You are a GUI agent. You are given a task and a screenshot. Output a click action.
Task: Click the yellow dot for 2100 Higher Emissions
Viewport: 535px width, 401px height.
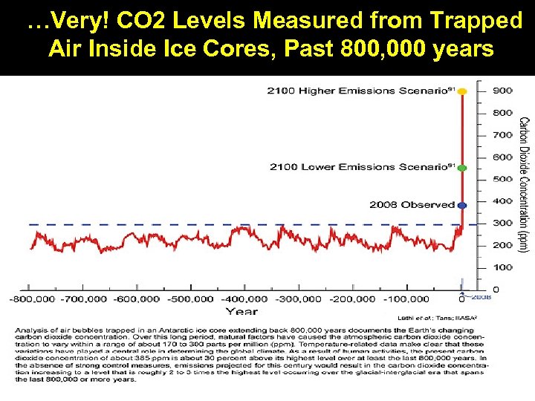point(462,91)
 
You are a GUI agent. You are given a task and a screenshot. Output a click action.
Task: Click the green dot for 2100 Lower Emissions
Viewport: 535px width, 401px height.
point(462,168)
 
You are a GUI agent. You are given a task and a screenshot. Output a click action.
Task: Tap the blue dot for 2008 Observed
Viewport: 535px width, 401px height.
point(462,204)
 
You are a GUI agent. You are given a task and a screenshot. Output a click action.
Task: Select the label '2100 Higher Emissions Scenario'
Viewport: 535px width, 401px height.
point(360,91)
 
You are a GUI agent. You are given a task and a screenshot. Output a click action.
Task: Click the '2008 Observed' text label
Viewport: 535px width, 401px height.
point(412,204)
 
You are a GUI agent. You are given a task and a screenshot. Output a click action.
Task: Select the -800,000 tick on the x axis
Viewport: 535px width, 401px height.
point(30,299)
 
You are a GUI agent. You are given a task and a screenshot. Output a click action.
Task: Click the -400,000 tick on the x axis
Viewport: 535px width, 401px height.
point(247,299)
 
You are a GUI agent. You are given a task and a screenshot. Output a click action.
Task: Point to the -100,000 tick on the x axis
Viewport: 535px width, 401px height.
point(409,299)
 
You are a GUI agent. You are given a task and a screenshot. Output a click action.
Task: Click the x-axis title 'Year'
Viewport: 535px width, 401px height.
point(241,311)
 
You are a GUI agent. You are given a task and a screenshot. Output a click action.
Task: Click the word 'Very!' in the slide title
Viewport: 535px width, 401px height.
point(63,22)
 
